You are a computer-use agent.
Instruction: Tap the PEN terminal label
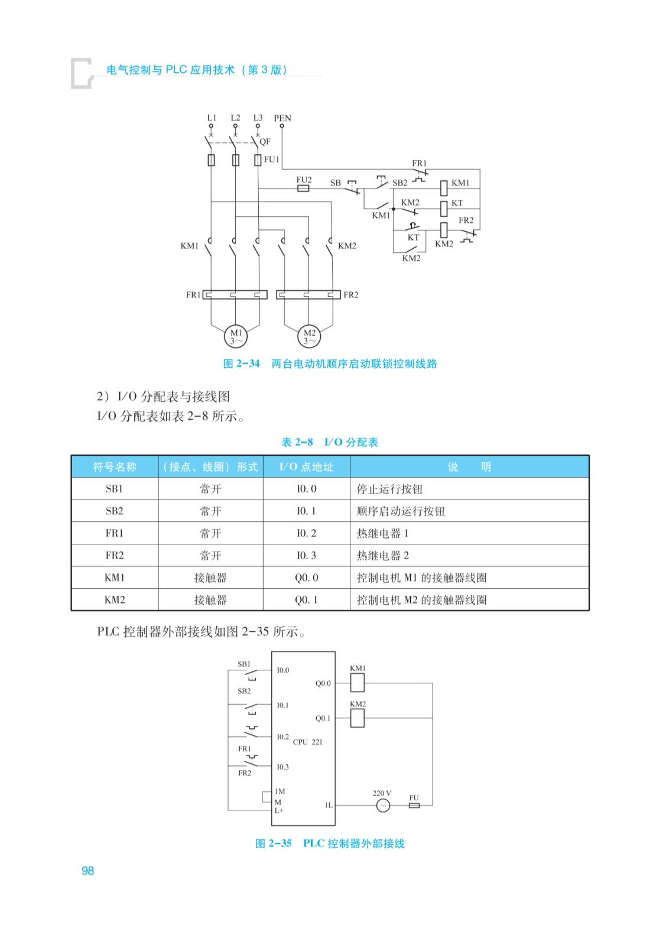coord(282,118)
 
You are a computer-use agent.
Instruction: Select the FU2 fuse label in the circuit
coord(304,180)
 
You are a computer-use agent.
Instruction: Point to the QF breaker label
coord(265,142)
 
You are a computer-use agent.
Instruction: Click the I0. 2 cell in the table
coord(306,533)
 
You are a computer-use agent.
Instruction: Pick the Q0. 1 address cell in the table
coord(306,600)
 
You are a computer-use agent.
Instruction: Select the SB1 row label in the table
coord(114,489)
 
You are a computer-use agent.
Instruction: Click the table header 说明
coord(469,467)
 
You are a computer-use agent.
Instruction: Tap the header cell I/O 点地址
coord(306,467)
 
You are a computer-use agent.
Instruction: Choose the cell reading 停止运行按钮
coord(389,489)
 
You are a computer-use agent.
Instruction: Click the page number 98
coord(87,871)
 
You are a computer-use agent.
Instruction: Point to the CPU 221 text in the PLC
coord(307,742)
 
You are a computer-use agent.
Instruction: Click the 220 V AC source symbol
coord(383,805)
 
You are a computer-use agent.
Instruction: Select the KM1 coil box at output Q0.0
coord(358,683)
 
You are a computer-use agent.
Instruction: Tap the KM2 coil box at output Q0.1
coord(358,718)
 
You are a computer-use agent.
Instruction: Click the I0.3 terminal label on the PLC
coord(282,767)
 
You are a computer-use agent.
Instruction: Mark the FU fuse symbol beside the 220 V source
coord(414,805)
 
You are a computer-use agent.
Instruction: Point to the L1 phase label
coord(212,118)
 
